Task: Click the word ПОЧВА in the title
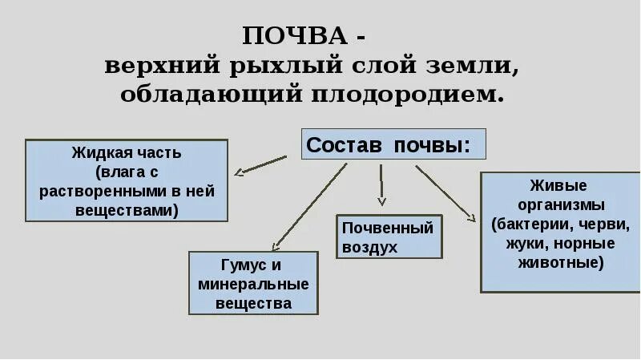(x=299, y=36)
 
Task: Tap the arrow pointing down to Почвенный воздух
(x=381, y=185)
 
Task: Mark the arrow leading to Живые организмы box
(x=445, y=192)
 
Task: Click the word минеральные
(x=252, y=284)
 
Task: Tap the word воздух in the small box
(x=370, y=247)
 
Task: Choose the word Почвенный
(x=388, y=228)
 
